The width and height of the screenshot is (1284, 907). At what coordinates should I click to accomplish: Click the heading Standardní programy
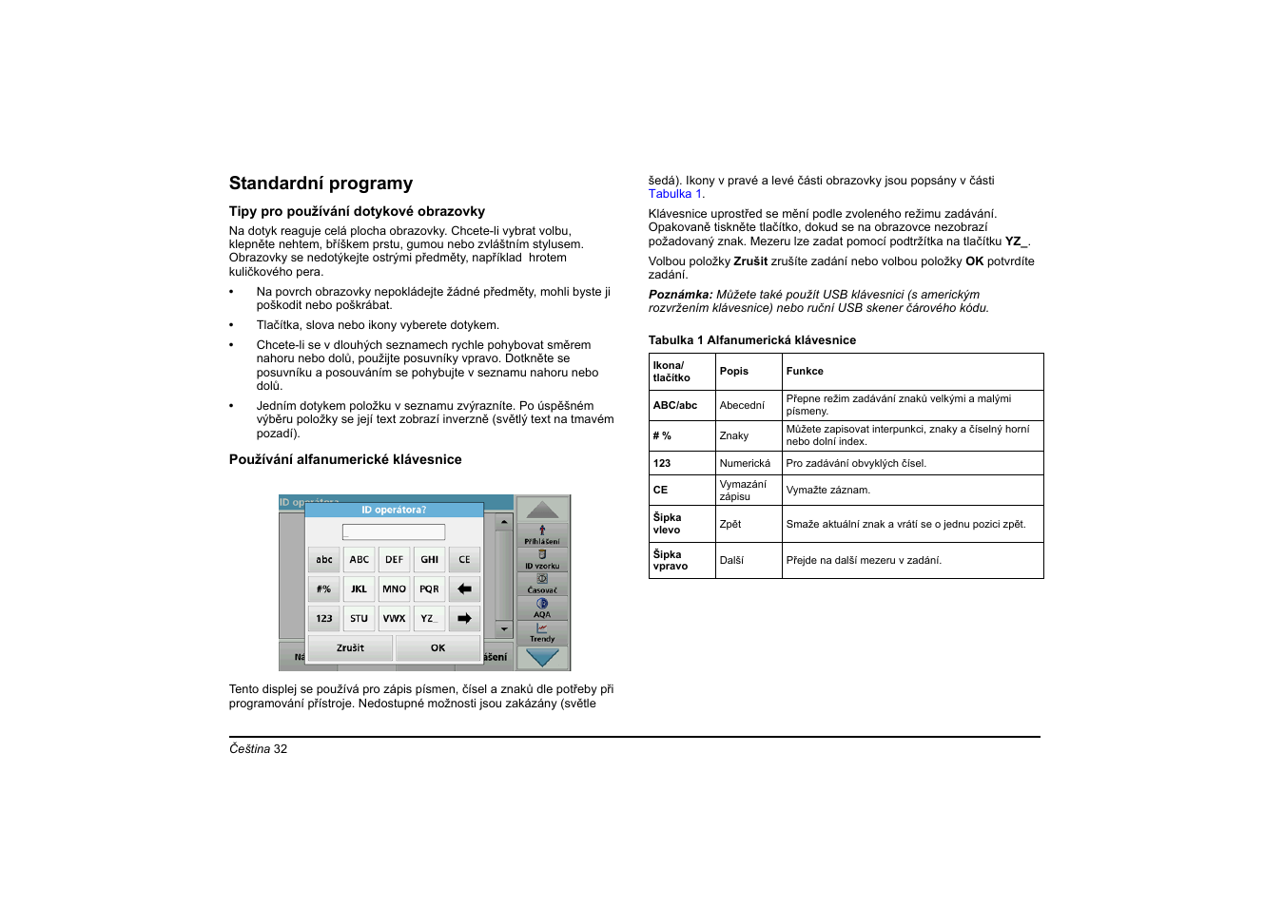pyautogui.click(x=321, y=183)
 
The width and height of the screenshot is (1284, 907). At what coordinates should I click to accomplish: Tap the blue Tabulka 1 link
pyautogui.click(x=675, y=194)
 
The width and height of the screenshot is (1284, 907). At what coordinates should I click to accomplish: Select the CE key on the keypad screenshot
pyautogui.click(x=464, y=560)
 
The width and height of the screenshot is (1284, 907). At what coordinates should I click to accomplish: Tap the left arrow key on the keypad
pyautogui.click(x=464, y=589)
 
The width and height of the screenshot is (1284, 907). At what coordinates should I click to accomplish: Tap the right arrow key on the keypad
pyautogui.click(x=464, y=619)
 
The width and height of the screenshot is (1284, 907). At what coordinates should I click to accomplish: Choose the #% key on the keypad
pyautogui.click(x=323, y=589)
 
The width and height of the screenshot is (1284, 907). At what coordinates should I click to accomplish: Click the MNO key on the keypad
pyautogui.click(x=394, y=589)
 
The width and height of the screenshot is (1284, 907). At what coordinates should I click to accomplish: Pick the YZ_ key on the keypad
pyautogui.click(x=429, y=619)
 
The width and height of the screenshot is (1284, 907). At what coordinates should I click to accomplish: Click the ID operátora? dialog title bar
pyautogui.click(x=394, y=510)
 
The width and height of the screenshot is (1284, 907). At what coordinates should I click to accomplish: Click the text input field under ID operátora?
pyautogui.click(x=394, y=532)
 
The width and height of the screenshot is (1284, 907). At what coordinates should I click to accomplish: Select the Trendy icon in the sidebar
pyautogui.click(x=542, y=633)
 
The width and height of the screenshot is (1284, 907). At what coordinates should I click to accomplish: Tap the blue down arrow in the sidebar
pyautogui.click(x=542, y=657)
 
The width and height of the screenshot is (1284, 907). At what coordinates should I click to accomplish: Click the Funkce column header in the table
pyautogui.click(x=805, y=372)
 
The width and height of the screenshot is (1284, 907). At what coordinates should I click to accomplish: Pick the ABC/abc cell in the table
pyautogui.click(x=675, y=406)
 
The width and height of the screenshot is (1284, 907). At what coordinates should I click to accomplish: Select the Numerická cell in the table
pyautogui.click(x=745, y=464)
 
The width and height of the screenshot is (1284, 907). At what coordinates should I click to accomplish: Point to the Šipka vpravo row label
pyautogui.click(x=671, y=561)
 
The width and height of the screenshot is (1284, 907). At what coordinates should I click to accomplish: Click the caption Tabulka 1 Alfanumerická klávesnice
pyautogui.click(x=752, y=340)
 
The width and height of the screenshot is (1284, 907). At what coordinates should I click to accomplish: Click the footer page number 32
pyautogui.click(x=281, y=749)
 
